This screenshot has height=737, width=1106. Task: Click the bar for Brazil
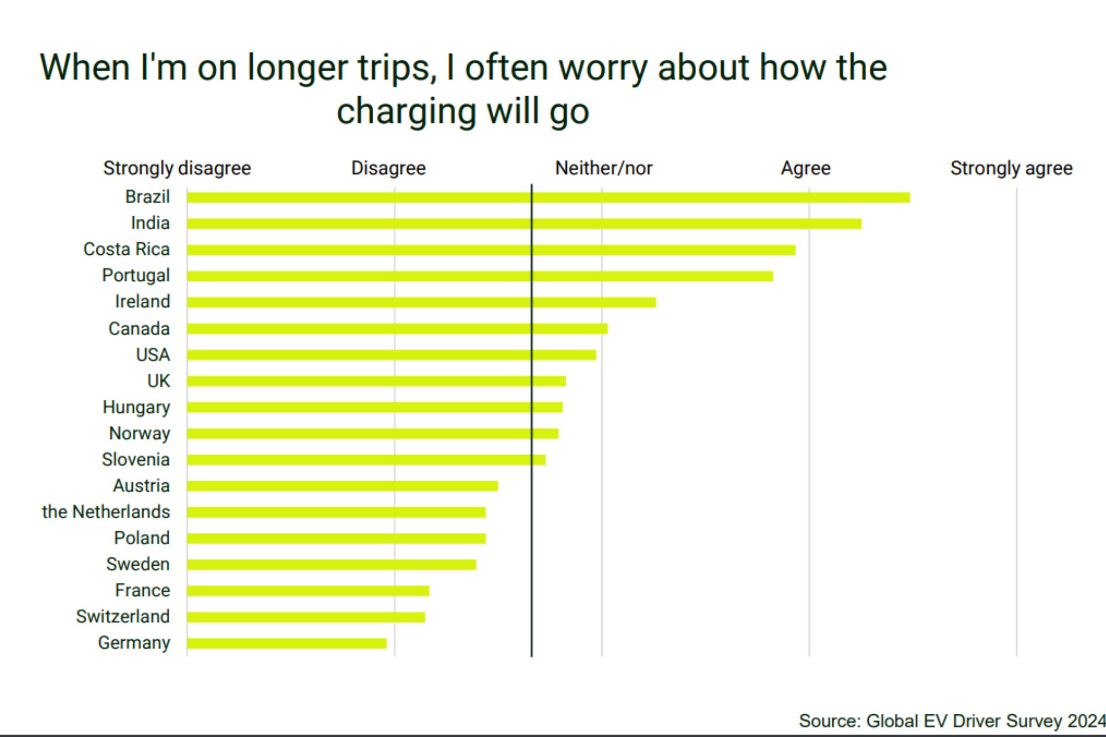(x=548, y=197)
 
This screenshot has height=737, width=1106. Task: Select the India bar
(x=524, y=223)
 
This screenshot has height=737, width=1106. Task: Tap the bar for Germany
(x=287, y=643)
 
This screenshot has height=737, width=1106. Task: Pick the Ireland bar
(x=421, y=302)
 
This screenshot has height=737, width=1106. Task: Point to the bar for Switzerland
(x=306, y=617)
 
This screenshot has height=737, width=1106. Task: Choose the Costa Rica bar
(x=491, y=250)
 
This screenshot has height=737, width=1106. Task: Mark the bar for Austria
(x=342, y=486)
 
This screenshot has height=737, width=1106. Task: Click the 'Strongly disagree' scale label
(x=177, y=168)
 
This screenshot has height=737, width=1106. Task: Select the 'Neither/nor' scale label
(x=604, y=168)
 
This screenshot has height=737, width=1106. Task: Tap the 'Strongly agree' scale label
(x=1011, y=168)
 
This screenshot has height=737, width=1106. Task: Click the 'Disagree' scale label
(x=389, y=168)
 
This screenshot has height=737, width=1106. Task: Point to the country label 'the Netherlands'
(x=106, y=512)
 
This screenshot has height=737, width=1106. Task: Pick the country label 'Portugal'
(x=136, y=275)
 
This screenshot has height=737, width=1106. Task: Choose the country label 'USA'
(x=153, y=355)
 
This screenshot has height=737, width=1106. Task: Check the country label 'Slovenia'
(x=136, y=459)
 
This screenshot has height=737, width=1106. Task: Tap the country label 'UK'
(x=159, y=381)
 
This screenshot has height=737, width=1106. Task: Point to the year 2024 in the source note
(x=1087, y=721)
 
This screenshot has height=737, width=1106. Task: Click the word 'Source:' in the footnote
(x=830, y=721)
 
